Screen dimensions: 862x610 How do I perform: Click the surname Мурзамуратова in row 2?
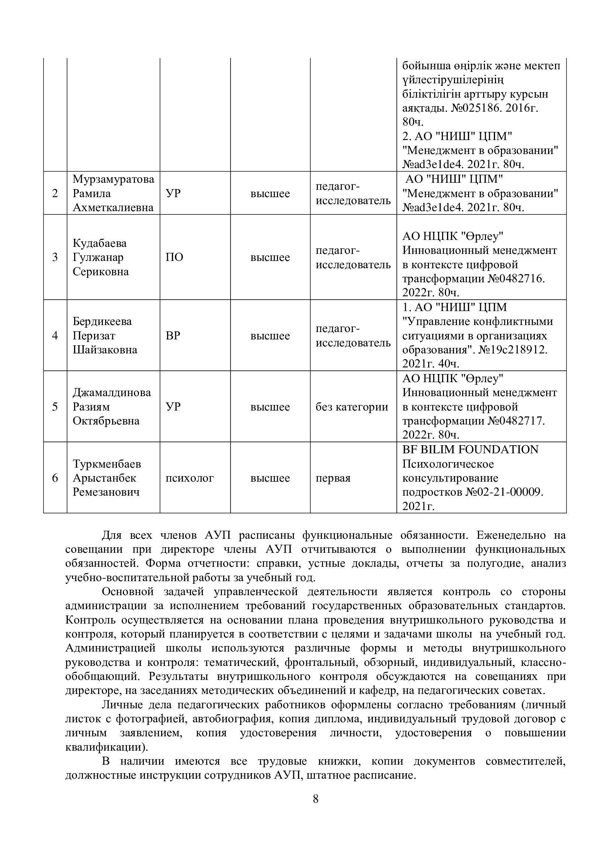[113, 179]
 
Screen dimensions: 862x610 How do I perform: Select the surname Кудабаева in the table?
[100, 243]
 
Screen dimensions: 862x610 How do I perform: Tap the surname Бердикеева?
[102, 321]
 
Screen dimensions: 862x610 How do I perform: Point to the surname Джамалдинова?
[111, 393]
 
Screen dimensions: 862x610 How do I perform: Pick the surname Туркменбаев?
[107, 464]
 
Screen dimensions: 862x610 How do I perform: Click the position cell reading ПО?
[174, 258]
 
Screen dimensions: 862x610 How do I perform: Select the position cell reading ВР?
[173, 336]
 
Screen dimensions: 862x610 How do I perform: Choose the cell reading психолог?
[189, 478]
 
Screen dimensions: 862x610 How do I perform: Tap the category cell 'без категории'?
[351, 407]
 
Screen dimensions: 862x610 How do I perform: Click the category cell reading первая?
[333, 478]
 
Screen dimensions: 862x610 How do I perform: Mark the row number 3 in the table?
[55, 258]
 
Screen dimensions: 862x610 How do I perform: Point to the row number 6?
[55, 478]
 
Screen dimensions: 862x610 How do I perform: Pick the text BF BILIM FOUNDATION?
[470, 450]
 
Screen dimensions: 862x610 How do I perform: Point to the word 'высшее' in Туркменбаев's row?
[270, 478]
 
